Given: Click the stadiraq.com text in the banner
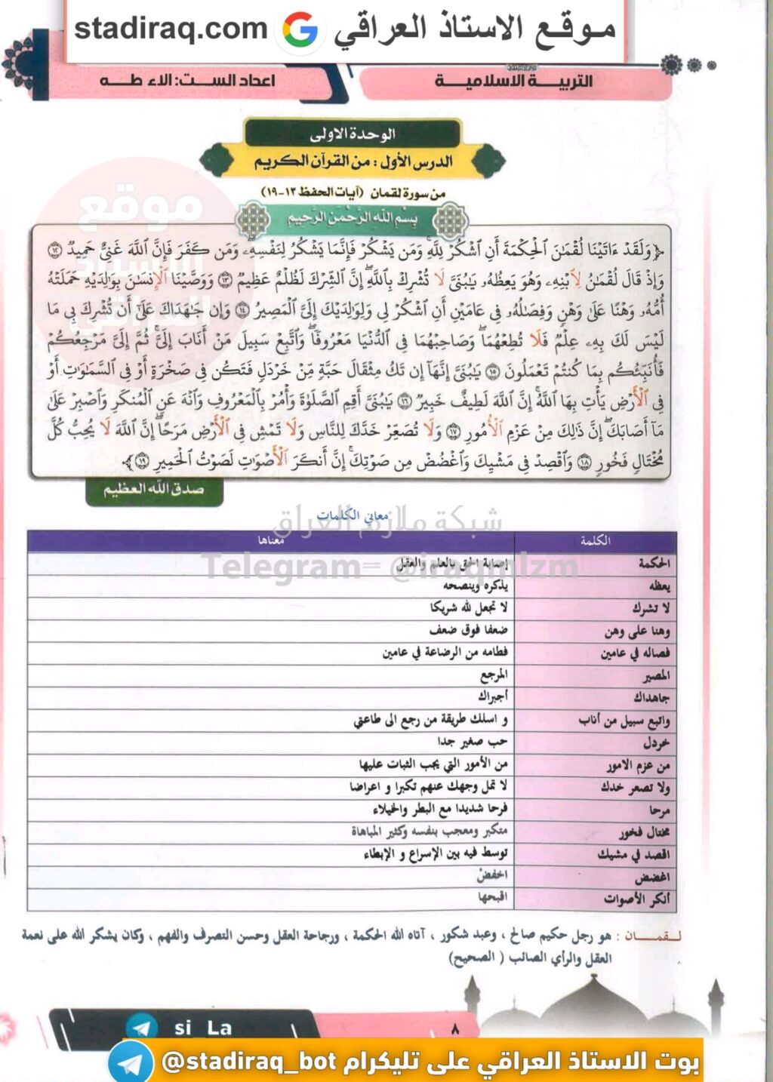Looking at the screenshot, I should tap(171, 29).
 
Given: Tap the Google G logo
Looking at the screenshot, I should tap(300, 31).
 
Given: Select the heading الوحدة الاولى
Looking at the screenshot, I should tap(352, 134).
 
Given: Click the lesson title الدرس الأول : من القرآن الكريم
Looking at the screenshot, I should tap(353, 161).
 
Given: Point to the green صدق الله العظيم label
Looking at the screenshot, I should tap(154, 489).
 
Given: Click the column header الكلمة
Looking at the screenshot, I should tap(595, 540).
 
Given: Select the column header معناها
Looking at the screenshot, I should tap(271, 540).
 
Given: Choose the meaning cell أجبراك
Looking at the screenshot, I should tap(492, 696).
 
